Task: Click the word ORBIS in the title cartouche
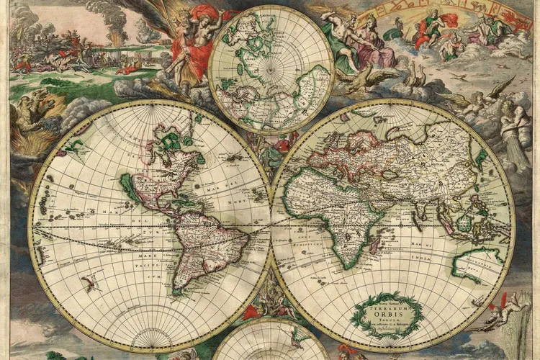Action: (x=390, y=313)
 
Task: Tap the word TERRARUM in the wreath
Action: (x=390, y=305)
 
